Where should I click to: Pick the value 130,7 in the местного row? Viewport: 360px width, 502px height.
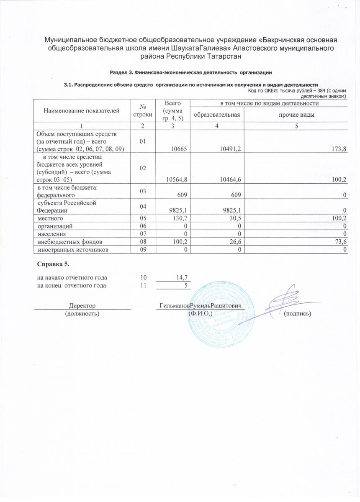(178, 218)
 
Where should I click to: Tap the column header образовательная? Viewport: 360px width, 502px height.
(216, 115)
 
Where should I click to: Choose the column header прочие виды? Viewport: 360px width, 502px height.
(296, 115)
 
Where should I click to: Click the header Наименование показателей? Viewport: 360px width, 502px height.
(80, 110)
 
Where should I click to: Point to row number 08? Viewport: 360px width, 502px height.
(143, 242)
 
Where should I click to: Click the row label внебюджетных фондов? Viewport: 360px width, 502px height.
(69, 242)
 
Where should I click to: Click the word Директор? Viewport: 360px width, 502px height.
(82, 306)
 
